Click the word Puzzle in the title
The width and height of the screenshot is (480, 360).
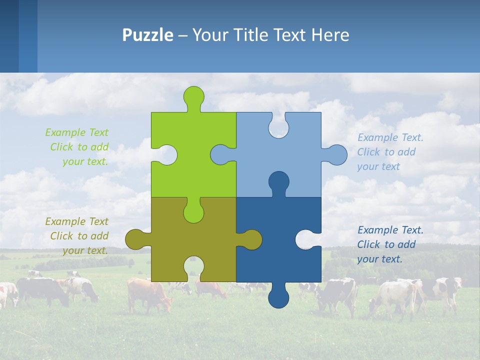pos(148,35)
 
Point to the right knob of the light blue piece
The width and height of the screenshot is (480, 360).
pos(336,154)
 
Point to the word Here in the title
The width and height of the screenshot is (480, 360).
pos(330,35)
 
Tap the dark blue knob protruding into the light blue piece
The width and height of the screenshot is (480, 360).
pos(278,182)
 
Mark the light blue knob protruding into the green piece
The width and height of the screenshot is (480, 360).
pos(221,154)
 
